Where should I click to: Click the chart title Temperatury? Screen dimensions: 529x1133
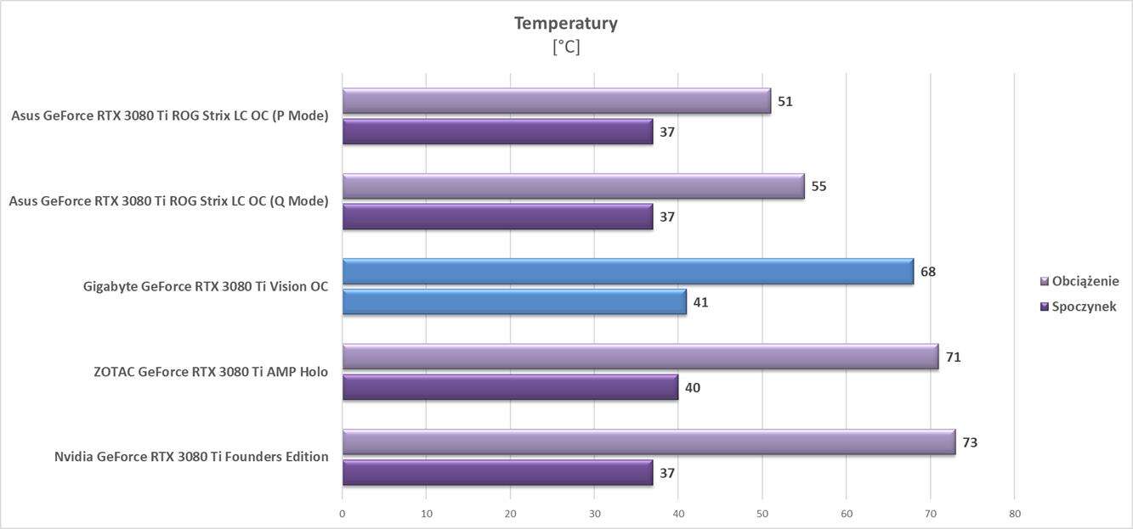[565, 24]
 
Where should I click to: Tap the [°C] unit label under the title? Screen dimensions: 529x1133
[565, 48]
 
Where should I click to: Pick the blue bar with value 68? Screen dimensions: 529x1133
[627, 272]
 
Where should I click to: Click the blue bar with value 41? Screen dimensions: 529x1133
[514, 302]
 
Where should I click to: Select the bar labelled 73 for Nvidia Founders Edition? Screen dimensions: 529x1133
[649, 442]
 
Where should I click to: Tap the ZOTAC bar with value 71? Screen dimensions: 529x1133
[640, 357]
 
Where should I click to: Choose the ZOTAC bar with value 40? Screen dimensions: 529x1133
[510, 387]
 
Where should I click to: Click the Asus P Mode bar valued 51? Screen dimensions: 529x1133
[556, 101]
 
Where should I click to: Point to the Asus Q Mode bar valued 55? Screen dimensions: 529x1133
[573, 186]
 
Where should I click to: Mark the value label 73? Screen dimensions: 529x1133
[970, 442]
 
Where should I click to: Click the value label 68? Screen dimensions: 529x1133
[928, 272]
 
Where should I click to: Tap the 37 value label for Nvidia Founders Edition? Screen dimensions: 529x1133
[667, 473]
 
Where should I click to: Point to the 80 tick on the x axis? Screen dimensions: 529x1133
[1014, 514]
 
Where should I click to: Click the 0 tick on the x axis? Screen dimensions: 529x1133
[343, 514]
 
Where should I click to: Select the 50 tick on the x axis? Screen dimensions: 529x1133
[762, 514]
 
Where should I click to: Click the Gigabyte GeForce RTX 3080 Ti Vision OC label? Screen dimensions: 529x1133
[206, 286]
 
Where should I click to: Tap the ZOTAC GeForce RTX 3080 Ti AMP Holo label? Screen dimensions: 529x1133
[211, 371]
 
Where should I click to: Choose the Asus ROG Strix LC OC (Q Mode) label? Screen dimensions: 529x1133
[168, 201]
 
